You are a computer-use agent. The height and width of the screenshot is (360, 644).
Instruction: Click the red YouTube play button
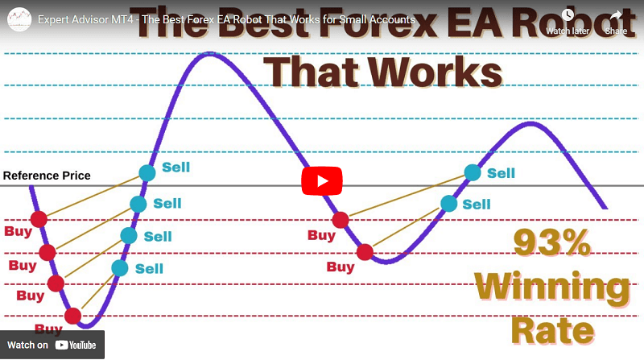pyautogui.click(x=321, y=180)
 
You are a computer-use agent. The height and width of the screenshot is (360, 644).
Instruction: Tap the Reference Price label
pyautogui.click(x=47, y=176)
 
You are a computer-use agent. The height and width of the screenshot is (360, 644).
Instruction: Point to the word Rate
pyautogui.click(x=553, y=329)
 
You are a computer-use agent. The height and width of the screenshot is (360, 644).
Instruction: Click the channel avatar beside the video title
pyautogui.click(x=19, y=19)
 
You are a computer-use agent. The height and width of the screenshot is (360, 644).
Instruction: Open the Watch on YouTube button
pyautogui.click(x=52, y=345)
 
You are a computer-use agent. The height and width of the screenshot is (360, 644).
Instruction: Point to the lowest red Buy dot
pyautogui.click(x=73, y=316)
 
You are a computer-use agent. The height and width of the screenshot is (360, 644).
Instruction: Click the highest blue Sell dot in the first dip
pyautogui.click(x=147, y=172)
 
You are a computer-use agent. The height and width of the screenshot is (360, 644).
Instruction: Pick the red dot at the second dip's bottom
pyautogui.click(x=365, y=252)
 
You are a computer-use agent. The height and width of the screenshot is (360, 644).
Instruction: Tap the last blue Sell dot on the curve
pyautogui.click(x=473, y=172)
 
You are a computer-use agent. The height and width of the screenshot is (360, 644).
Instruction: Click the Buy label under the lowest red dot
pyautogui.click(x=48, y=329)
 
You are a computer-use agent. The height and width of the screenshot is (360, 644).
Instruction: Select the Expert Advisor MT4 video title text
pyautogui.click(x=225, y=19)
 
